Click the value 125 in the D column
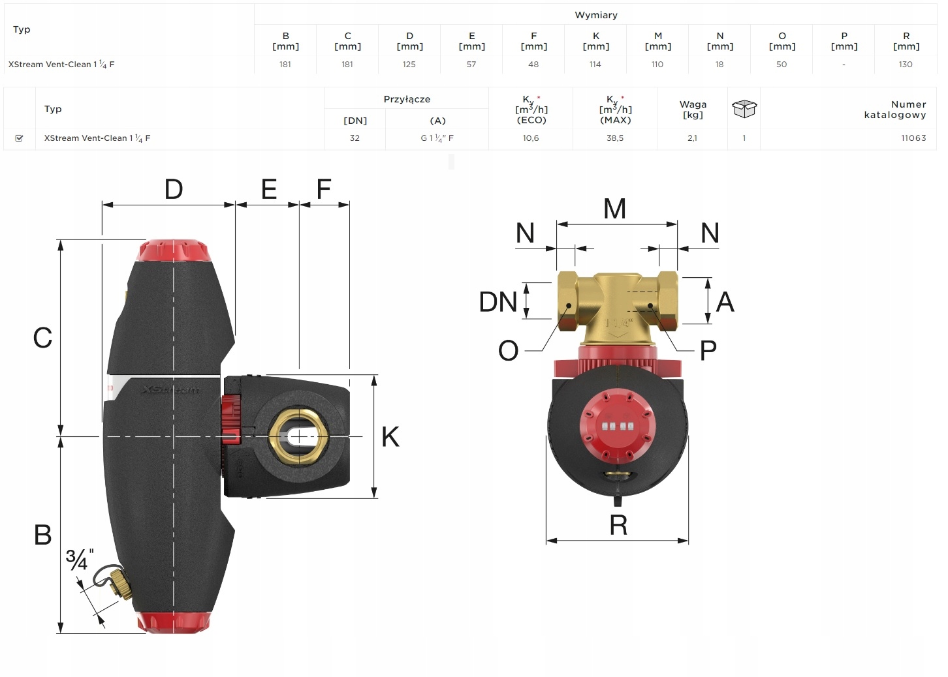(409, 65)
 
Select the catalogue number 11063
(913, 138)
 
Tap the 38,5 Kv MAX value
(615, 138)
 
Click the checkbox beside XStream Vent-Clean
(19, 138)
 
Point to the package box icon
(744, 109)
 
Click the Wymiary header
(596, 15)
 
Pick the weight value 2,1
(692, 138)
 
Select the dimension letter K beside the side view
(390, 436)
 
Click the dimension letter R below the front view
(618, 525)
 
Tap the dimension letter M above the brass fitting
(614, 209)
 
